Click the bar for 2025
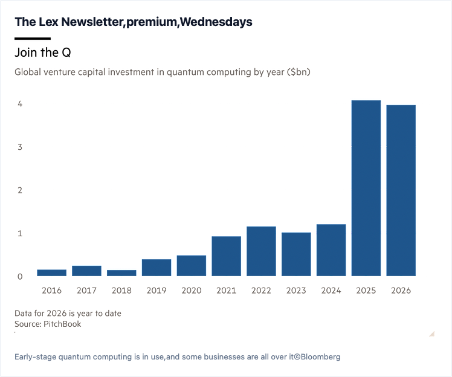(366, 188)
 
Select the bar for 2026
(401, 190)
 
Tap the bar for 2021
(226, 256)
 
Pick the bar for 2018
(121, 273)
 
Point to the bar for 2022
(261, 251)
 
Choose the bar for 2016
(51, 272)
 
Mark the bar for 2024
(331, 250)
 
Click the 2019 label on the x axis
(157, 290)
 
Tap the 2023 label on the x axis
(296, 290)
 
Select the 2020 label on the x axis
(192, 290)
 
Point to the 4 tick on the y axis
(20, 104)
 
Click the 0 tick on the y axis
(20, 277)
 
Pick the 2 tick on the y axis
(20, 190)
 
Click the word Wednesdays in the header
(216, 22)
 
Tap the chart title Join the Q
(43, 53)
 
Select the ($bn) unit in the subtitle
(299, 72)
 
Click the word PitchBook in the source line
(62, 324)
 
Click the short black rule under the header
(33, 38)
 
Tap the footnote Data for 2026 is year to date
(68, 314)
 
